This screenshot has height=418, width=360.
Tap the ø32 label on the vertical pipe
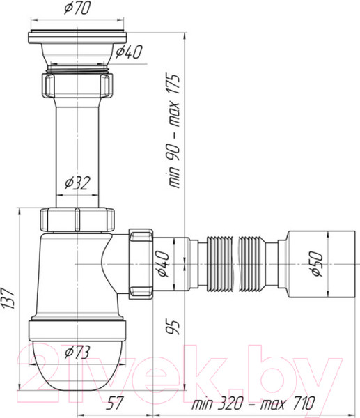point(78,184)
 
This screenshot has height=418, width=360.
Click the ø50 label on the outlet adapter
point(317,264)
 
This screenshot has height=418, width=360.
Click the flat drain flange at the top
point(77,36)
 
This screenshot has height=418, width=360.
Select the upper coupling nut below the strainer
point(77,85)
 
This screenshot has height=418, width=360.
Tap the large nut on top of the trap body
point(77,218)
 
